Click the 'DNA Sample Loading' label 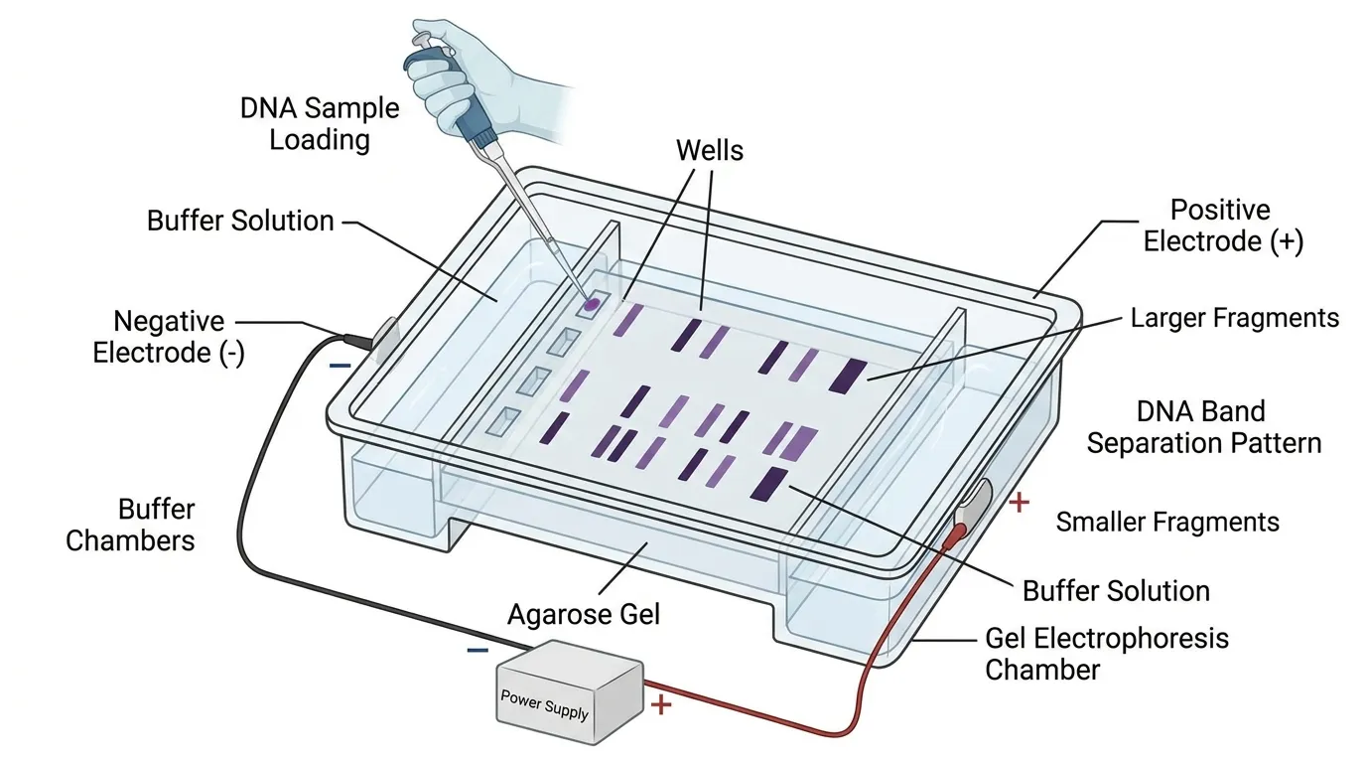point(320,123)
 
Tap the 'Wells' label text point(709,150)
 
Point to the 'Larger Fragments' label point(1235,318)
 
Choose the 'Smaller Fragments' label point(1167,522)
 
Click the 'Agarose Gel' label point(584,615)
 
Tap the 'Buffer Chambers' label point(130,525)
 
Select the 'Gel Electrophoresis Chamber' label point(1106,653)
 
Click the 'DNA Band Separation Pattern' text point(1203,427)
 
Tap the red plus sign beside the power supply point(661,706)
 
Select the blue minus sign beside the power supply point(477,651)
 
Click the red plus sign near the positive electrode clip point(1018,503)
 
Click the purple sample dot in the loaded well point(592,305)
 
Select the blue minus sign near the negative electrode point(340,366)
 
